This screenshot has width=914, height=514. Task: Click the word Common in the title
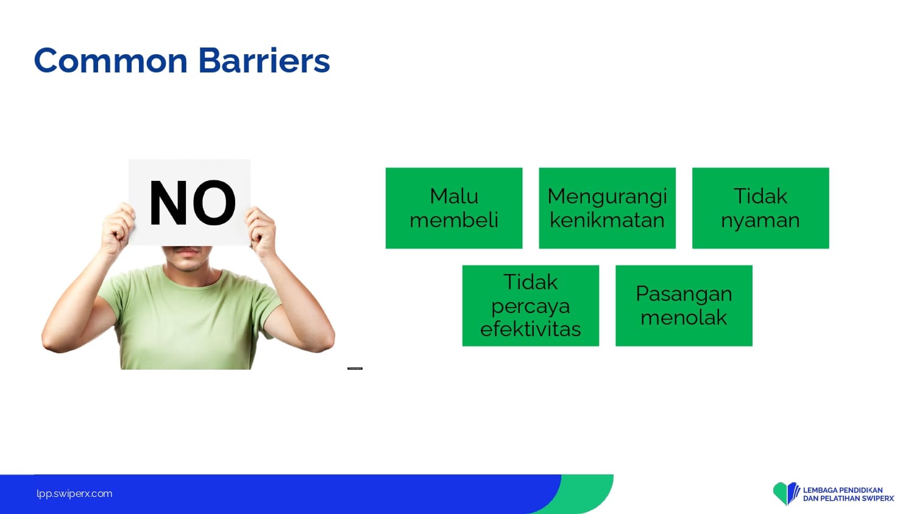110,61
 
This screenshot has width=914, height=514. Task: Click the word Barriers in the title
264,60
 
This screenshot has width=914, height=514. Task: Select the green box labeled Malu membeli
454,208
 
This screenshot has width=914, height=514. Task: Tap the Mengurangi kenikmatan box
607,208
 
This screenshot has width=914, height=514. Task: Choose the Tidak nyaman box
760,208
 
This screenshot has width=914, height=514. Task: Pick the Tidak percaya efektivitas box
531,306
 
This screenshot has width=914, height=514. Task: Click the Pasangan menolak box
684,306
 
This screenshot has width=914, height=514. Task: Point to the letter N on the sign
168,202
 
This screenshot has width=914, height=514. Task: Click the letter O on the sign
214,203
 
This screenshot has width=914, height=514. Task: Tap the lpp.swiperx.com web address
74,494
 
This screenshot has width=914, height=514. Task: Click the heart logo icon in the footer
786,493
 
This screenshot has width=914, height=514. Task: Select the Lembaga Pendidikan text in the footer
843,490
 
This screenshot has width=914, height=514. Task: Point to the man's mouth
186,252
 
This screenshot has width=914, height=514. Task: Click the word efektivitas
531,329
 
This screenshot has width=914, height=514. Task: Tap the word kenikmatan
607,220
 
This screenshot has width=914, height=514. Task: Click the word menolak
684,317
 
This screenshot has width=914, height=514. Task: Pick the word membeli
454,220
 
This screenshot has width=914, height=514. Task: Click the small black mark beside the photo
355,368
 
